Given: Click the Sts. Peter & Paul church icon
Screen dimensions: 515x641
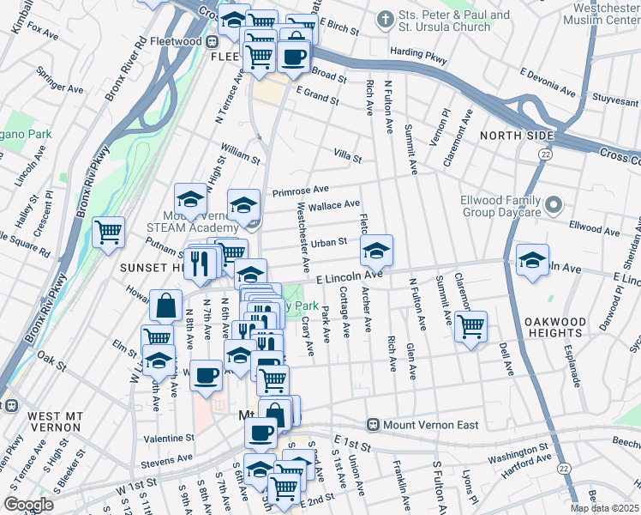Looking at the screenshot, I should pyautogui.click(x=386, y=17).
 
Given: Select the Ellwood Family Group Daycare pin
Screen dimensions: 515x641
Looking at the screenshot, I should pyautogui.click(x=554, y=205).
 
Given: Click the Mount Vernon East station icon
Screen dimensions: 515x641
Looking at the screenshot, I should pyautogui.click(x=373, y=424).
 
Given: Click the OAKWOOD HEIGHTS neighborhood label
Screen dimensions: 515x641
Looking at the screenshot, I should pyautogui.click(x=579, y=329).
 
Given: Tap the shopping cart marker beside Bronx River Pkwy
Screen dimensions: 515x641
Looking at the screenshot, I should pyautogui.click(x=109, y=233).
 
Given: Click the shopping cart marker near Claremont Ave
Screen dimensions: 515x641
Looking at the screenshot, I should pyautogui.click(x=470, y=325).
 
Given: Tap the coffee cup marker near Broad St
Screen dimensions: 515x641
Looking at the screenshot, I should pyautogui.click(x=294, y=57).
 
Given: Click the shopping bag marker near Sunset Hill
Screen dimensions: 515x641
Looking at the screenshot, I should pyautogui.click(x=165, y=305).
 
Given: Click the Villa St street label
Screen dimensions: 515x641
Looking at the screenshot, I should pyautogui.click(x=348, y=158).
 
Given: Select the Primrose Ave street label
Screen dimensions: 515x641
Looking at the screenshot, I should pyautogui.click(x=301, y=191).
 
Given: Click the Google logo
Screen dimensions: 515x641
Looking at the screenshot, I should pyautogui.click(x=28, y=505).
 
